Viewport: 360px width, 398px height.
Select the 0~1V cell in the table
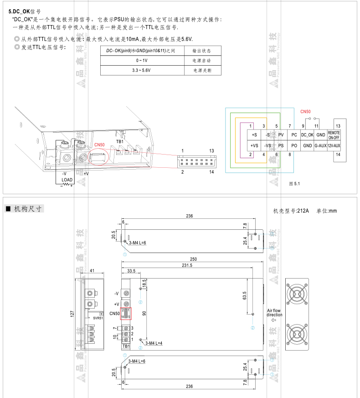pyautogui.click(x=142, y=60)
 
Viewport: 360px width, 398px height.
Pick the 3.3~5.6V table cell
pyautogui.click(x=142, y=71)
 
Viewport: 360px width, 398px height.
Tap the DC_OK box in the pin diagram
pyautogui.click(x=308, y=134)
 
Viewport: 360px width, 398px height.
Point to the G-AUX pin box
pyautogui.click(x=320, y=145)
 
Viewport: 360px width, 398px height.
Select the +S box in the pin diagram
pyautogui.click(x=254, y=134)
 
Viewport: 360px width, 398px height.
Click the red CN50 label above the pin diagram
pyautogui.click(x=305, y=112)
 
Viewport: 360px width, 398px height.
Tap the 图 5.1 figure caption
pyautogui.click(x=295, y=183)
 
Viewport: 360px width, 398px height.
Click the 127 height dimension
pyautogui.click(x=72, y=314)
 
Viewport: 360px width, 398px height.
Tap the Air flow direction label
pyautogui.click(x=274, y=313)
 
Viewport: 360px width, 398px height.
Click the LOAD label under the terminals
pyautogui.click(x=67, y=180)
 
